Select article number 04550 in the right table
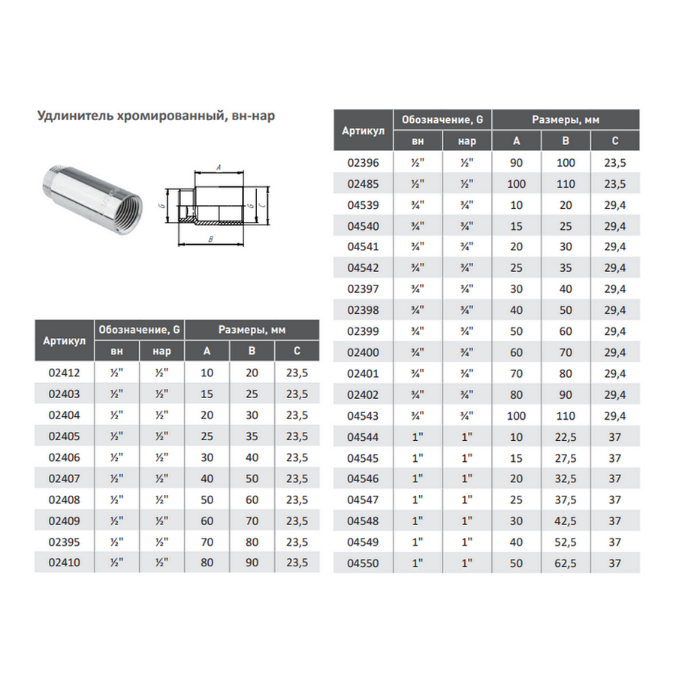click(x=363, y=563)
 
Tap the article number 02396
click(x=363, y=161)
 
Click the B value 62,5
click(x=565, y=563)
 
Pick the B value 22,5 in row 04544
click(x=565, y=436)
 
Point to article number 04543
click(x=363, y=415)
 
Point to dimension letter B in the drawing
click(x=212, y=239)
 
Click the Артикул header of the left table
click(x=63, y=340)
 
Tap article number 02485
click(x=363, y=183)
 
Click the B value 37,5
click(x=565, y=499)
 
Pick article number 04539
click(x=363, y=204)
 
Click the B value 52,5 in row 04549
click(x=565, y=542)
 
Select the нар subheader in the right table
click(x=467, y=141)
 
